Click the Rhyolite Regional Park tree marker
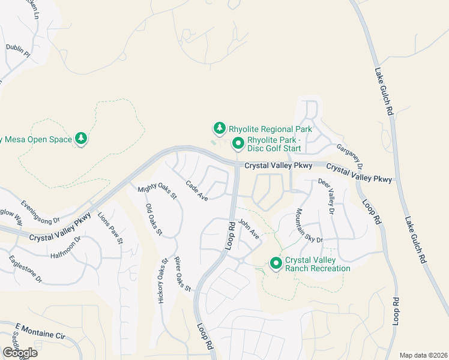click(x=220, y=128)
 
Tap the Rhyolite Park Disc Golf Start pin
click(x=238, y=143)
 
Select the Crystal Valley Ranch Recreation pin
click(x=276, y=263)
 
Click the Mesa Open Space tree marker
click(x=82, y=139)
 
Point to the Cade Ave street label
click(x=197, y=191)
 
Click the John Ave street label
click(x=249, y=230)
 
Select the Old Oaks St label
click(x=154, y=220)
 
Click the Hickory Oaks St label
click(x=161, y=281)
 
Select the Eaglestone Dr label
click(x=26, y=269)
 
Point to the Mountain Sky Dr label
click(x=309, y=226)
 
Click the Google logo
click(x=19, y=353)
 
